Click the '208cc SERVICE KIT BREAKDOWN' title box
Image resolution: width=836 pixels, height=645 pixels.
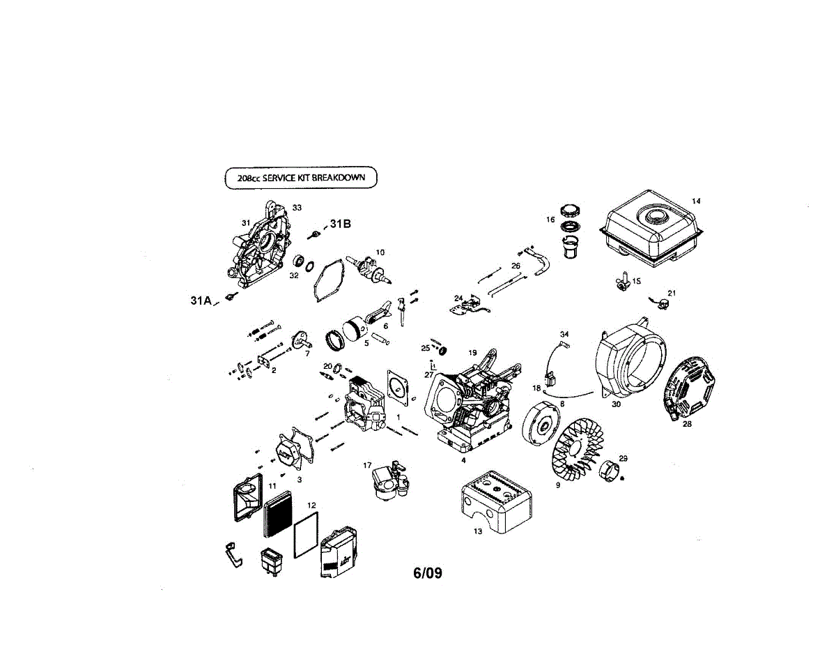(x=301, y=178)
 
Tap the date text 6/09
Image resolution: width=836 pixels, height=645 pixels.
(x=427, y=573)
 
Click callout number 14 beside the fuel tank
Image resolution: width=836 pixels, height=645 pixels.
(x=696, y=201)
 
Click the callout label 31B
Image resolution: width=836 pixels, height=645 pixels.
(x=340, y=223)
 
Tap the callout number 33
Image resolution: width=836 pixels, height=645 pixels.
(x=297, y=207)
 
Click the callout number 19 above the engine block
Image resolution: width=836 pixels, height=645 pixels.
(x=472, y=353)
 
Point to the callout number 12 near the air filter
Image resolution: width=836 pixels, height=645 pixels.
(x=311, y=505)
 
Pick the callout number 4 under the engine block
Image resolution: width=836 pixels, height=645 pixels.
(x=463, y=460)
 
